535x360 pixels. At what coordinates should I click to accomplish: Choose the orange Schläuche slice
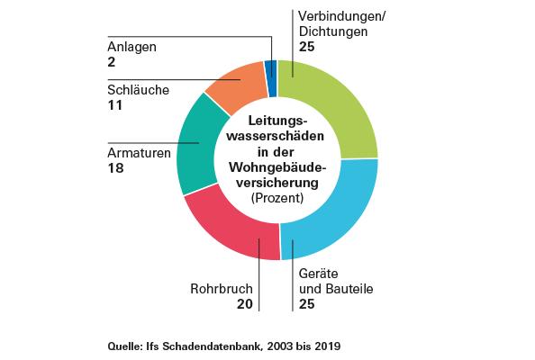tap(237, 85)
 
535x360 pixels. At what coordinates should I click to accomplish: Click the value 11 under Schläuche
tap(113, 105)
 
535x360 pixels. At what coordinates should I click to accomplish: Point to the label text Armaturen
tap(140, 153)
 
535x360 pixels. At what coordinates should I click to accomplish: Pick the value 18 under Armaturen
tap(115, 167)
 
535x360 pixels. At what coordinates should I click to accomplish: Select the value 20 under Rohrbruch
tap(245, 304)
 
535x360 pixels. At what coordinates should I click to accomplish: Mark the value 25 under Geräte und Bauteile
tap(306, 304)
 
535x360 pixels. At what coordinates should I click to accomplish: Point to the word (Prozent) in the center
tap(277, 197)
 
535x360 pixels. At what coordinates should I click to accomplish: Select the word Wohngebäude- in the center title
tap(277, 166)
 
